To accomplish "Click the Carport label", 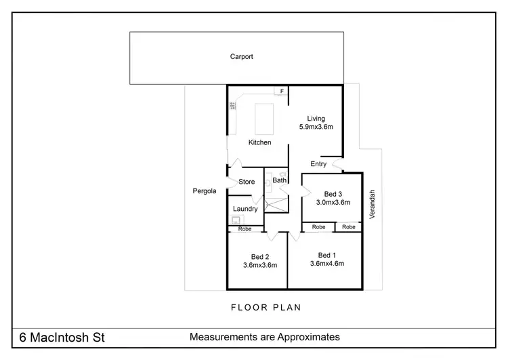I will [x=241, y=57].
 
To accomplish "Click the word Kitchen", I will [x=259, y=142].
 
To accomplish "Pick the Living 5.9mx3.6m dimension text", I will [x=316, y=127].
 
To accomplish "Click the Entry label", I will [x=318, y=164].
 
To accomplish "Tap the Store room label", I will [x=247, y=182].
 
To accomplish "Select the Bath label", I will [x=279, y=180].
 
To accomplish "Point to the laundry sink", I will [x=235, y=220].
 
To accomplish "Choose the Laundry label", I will [x=245, y=209].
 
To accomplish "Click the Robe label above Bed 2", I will [x=245, y=229].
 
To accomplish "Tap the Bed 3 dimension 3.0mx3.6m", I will [x=333, y=202].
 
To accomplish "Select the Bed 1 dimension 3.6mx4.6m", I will [x=327, y=263].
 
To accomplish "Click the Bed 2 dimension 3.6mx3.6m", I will [x=260, y=265].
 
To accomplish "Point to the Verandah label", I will [x=371, y=203].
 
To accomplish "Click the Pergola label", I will [x=204, y=191].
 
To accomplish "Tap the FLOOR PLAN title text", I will [x=266, y=307].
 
